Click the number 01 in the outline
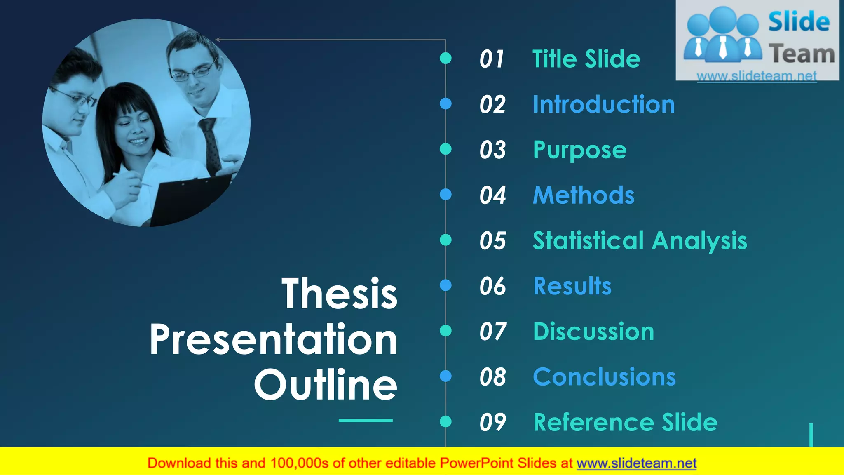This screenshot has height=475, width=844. point(492,59)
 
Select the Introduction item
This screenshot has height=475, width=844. point(604,104)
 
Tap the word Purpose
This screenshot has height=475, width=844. point(579,150)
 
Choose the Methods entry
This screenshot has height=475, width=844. point(584,195)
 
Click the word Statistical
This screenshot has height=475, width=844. point(588,240)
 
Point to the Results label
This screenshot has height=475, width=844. point(572,286)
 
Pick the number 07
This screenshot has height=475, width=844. point(492,332)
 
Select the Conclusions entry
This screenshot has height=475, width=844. point(604,377)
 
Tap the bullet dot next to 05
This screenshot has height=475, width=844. point(445,240)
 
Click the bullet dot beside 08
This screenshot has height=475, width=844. point(445,376)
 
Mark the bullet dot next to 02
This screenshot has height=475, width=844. point(445,103)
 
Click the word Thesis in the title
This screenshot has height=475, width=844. point(340,294)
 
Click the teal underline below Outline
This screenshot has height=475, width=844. point(366,421)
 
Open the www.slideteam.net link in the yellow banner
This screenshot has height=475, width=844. point(636,463)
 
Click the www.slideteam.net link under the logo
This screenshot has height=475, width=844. point(757,76)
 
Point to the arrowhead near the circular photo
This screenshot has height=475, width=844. point(218,40)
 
